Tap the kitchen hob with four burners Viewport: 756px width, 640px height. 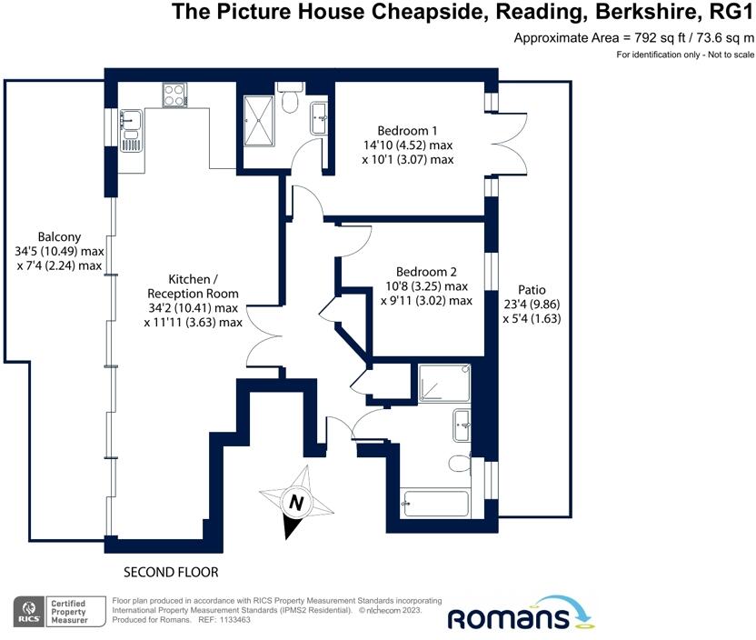(x=174, y=95)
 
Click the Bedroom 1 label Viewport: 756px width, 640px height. (x=407, y=130)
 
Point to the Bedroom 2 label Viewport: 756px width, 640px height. (x=426, y=272)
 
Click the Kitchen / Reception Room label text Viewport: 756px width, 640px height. (x=193, y=285)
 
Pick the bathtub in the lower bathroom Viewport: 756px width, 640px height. (x=435, y=501)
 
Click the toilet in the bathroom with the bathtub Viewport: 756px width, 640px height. (x=461, y=463)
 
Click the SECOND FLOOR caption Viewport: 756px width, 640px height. (x=171, y=572)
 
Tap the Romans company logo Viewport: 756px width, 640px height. (x=520, y=615)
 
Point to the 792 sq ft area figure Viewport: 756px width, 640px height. (x=642, y=38)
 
